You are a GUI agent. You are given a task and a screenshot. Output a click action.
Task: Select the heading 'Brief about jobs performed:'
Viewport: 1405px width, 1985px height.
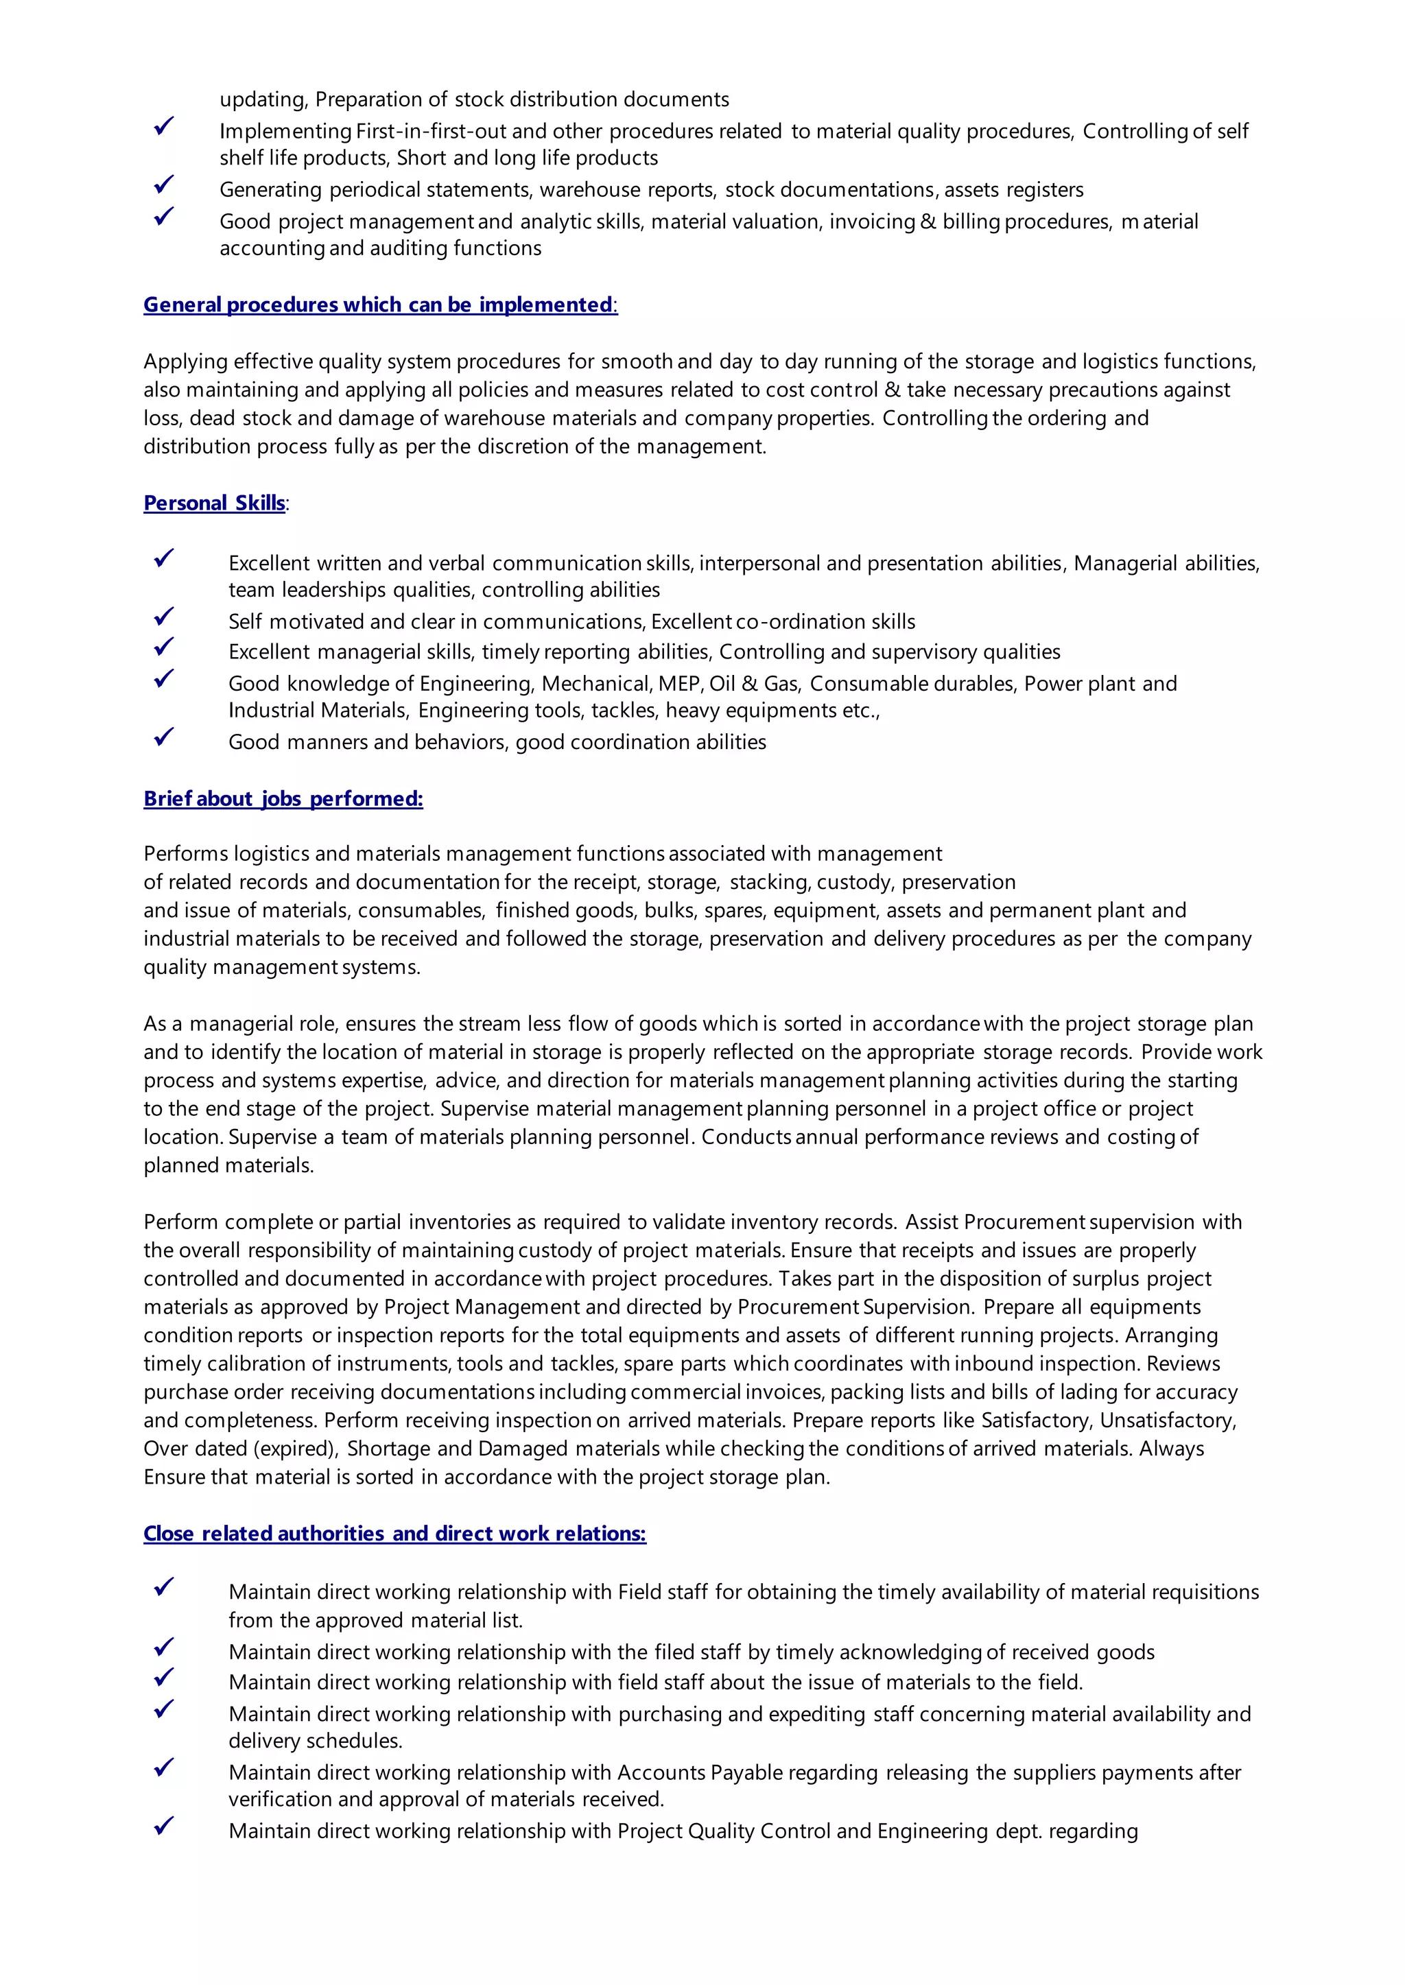283,798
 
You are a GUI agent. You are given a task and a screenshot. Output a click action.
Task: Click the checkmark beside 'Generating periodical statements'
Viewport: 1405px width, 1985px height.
163,185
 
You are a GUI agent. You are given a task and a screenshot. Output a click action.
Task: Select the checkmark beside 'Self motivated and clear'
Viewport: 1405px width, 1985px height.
163,617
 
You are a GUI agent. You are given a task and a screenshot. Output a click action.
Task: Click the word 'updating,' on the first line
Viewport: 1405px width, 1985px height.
263,99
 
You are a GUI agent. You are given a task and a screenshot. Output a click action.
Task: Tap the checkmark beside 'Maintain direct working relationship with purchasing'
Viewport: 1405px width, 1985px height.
163,1709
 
